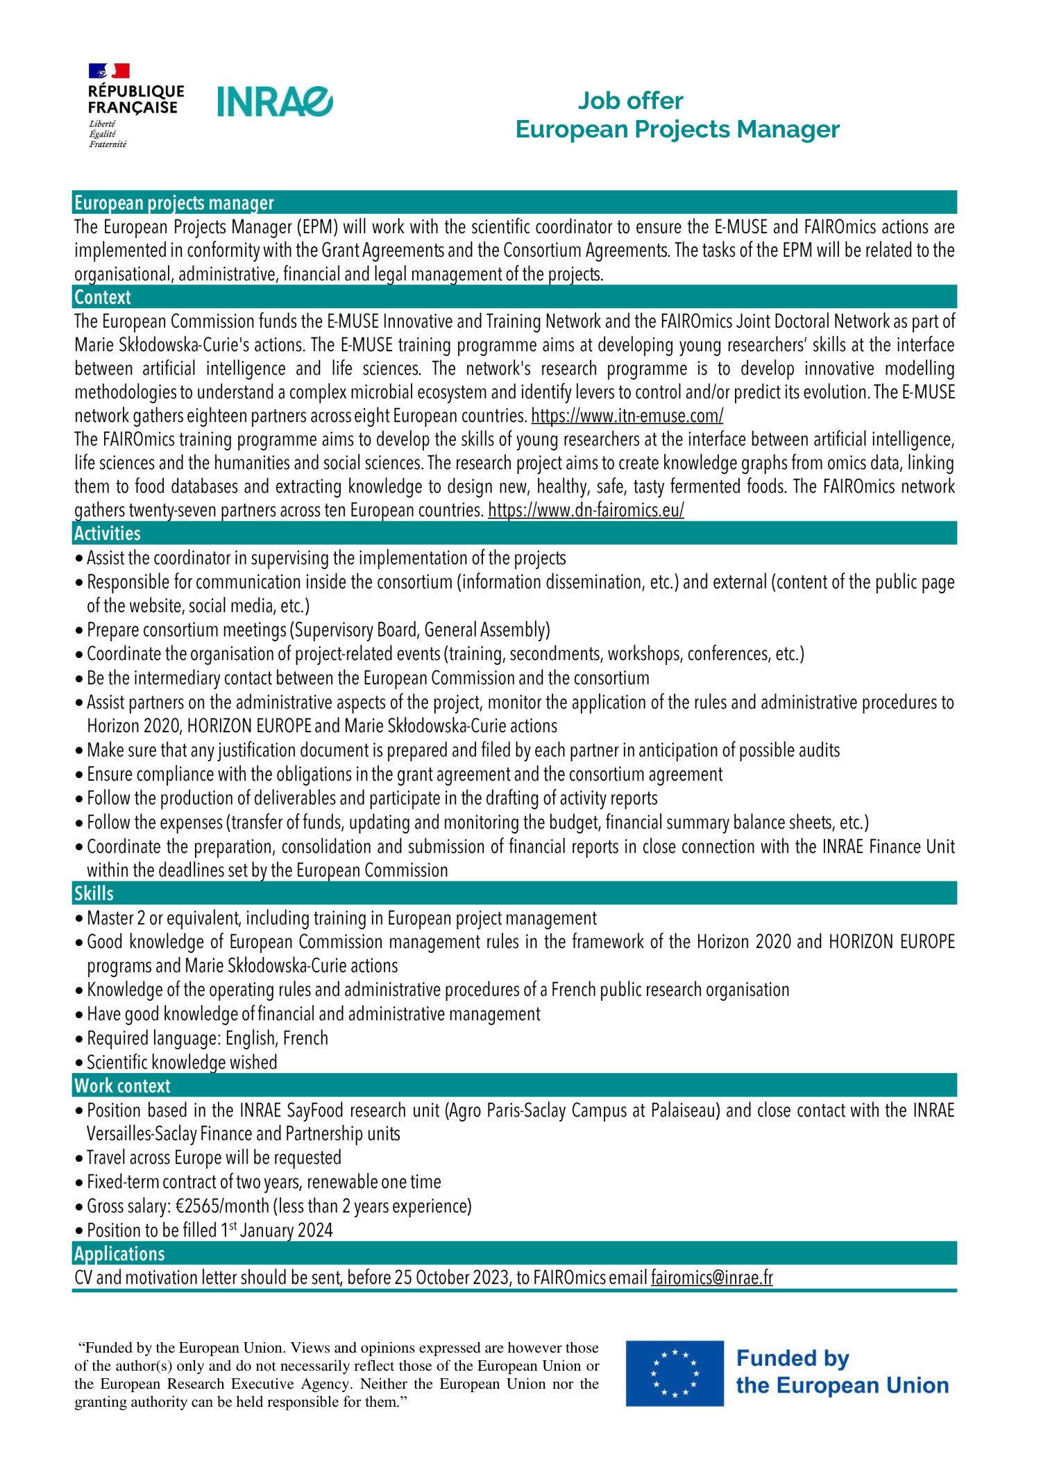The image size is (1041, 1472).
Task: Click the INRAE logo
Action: click(x=275, y=101)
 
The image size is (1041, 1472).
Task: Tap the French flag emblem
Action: click(x=109, y=70)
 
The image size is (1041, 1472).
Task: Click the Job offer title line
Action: click(x=630, y=101)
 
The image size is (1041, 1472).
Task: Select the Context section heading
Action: click(x=103, y=297)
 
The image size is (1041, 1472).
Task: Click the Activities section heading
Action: click(x=108, y=533)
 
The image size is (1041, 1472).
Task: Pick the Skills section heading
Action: click(x=94, y=893)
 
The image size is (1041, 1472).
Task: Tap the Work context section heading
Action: click(x=122, y=1085)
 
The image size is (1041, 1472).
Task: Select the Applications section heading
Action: click(x=119, y=1253)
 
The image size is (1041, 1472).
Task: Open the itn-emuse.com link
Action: click(x=627, y=416)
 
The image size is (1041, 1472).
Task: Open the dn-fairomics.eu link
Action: click(x=586, y=510)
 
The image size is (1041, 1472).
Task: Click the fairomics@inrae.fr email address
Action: click(x=711, y=1278)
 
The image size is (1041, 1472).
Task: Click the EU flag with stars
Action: click(x=674, y=1373)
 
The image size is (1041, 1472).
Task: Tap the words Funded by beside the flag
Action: click(x=793, y=1357)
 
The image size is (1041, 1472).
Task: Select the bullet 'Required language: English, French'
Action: click(x=207, y=1038)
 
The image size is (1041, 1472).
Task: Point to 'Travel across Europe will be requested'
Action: click(x=214, y=1158)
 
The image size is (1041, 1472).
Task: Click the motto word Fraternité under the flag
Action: click(x=108, y=144)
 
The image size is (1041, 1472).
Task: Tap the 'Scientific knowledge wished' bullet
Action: click(x=182, y=1062)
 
